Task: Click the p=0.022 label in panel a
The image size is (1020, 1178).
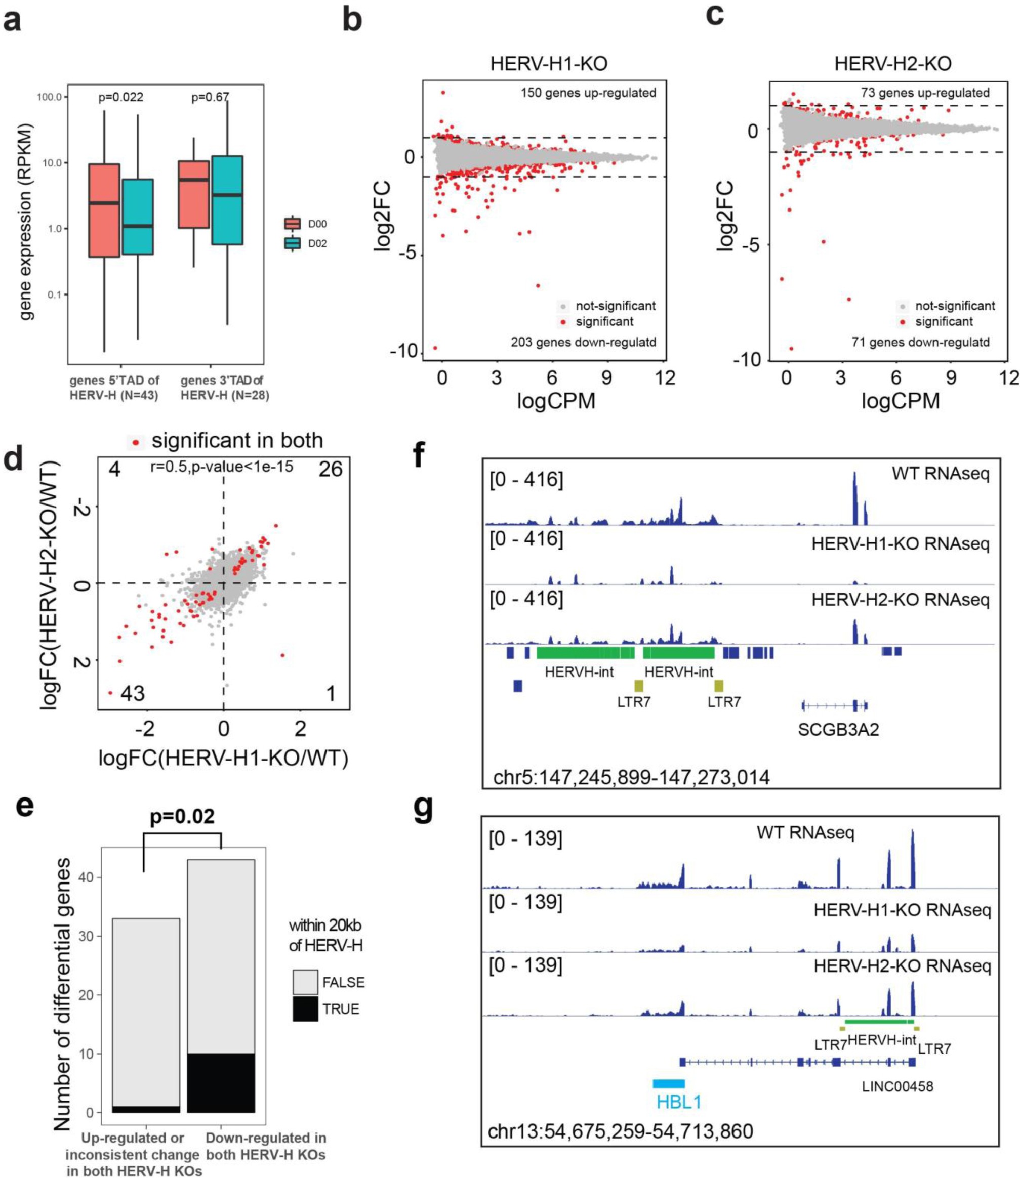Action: click(x=120, y=97)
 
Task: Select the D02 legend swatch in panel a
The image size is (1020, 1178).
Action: click(x=292, y=243)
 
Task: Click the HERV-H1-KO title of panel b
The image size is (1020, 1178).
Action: click(x=549, y=63)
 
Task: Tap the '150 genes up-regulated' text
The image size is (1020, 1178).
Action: click(x=588, y=93)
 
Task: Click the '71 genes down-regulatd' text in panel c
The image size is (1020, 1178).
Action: click(x=920, y=342)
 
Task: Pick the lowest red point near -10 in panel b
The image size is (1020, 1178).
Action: click(x=435, y=348)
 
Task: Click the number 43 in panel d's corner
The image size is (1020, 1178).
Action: click(x=132, y=693)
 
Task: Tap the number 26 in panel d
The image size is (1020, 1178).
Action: click(x=330, y=470)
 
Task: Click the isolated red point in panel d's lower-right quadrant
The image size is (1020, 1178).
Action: click(x=282, y=655)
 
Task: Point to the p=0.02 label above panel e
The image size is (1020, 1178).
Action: click(x=182, y=817)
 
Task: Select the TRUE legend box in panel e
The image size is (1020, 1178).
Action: click(x=305, y=1009)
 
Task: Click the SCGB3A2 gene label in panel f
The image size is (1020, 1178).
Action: click(x=838, y=730)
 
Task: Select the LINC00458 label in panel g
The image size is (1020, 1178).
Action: click(x=897, y=1086)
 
